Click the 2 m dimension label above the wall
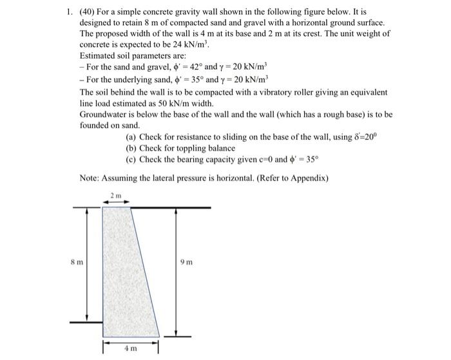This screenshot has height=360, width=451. click(x=116, y=194)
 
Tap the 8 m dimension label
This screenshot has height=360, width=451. click(x=77, y=263)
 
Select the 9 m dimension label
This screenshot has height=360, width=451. click(x=187, y=263)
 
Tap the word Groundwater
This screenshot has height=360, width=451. click(x=106, y=115)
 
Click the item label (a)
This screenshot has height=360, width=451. click(x=131, y=137)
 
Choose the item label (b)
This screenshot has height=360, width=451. click(x=131, y=148)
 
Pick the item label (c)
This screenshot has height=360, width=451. click(x=131, y=160)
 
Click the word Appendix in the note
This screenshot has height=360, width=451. click(x=306, y=177)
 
